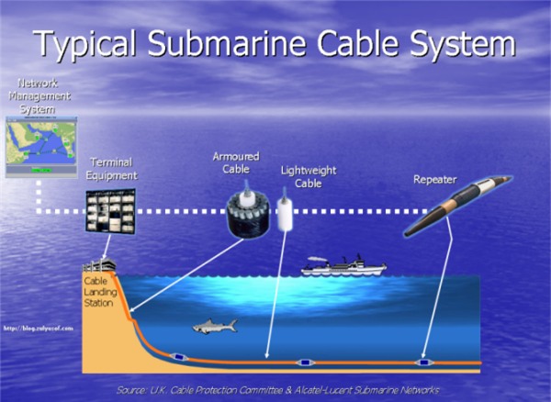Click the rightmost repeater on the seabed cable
point(424,363)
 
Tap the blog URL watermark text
point(36,326)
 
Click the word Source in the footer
point(131,390)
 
